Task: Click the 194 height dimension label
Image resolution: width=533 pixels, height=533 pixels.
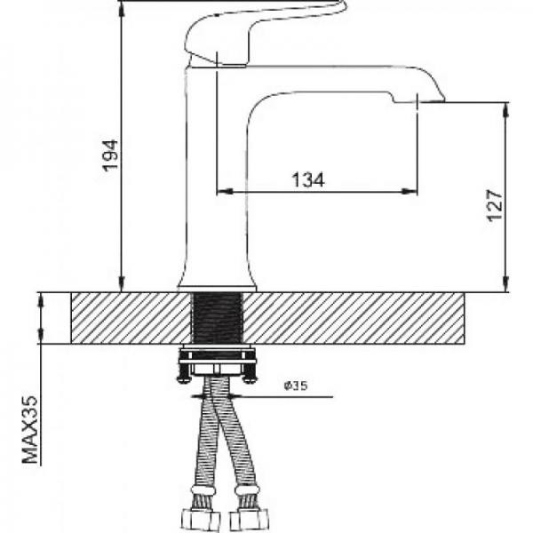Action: [111, 155]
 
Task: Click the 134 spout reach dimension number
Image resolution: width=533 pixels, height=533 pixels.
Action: [308, 179]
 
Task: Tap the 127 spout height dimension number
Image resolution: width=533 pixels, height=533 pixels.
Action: [495, 206]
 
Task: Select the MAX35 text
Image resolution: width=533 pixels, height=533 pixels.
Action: [30, 430]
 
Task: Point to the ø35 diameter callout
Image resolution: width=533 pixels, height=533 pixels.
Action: [296, 386]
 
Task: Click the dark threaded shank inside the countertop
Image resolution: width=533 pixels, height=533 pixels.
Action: [218, 318]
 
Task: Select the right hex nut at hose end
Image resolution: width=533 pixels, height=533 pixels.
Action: [249, 521]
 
